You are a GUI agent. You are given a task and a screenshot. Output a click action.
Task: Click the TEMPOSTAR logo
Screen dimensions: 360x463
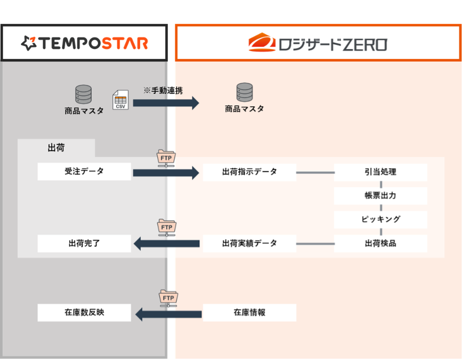[x=84, y=43]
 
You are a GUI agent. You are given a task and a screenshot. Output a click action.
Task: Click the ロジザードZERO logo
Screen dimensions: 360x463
[x=317, y=43]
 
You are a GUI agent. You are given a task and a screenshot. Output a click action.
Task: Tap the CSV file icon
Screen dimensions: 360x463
[x=120, y=100]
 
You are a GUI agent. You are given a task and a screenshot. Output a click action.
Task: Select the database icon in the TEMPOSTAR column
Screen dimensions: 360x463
[x=83, y=94]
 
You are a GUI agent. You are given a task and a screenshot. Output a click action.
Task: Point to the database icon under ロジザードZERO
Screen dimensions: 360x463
[x=244, y=93]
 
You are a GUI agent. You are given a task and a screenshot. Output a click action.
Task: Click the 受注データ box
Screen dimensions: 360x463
[x=84, y=171]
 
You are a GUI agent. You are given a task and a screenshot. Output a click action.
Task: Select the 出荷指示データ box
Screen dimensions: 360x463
[x=249, y=172]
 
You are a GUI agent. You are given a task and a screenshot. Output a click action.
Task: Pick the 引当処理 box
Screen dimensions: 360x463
[x=380, y=172]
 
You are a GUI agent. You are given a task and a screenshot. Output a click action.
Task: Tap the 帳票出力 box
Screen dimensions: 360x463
[x=380, y=196]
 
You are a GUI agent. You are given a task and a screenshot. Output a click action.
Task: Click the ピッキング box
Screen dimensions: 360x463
[x=380, y=219]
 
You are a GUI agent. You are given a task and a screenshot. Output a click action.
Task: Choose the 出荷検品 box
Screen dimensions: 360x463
[x=380, y=243]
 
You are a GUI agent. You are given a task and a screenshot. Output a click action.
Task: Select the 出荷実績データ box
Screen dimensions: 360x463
[x=249, y=243]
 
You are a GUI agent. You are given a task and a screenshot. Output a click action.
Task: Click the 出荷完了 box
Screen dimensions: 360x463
[x=84, y=243]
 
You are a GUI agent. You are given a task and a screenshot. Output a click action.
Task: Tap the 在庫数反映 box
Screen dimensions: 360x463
[x=84, y=313]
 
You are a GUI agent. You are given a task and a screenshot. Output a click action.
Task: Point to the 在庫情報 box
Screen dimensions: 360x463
[x=249, y=313]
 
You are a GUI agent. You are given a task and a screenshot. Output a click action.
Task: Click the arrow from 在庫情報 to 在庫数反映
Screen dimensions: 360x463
[x=168, y=314]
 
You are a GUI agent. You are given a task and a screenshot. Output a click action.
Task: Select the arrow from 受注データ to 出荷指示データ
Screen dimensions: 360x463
[x=166, y=172]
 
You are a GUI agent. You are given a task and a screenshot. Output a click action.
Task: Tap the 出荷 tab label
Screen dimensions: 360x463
[x=56, y=148]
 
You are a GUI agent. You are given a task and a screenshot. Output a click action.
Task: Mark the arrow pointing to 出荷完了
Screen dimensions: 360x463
[x=167, y=243]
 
